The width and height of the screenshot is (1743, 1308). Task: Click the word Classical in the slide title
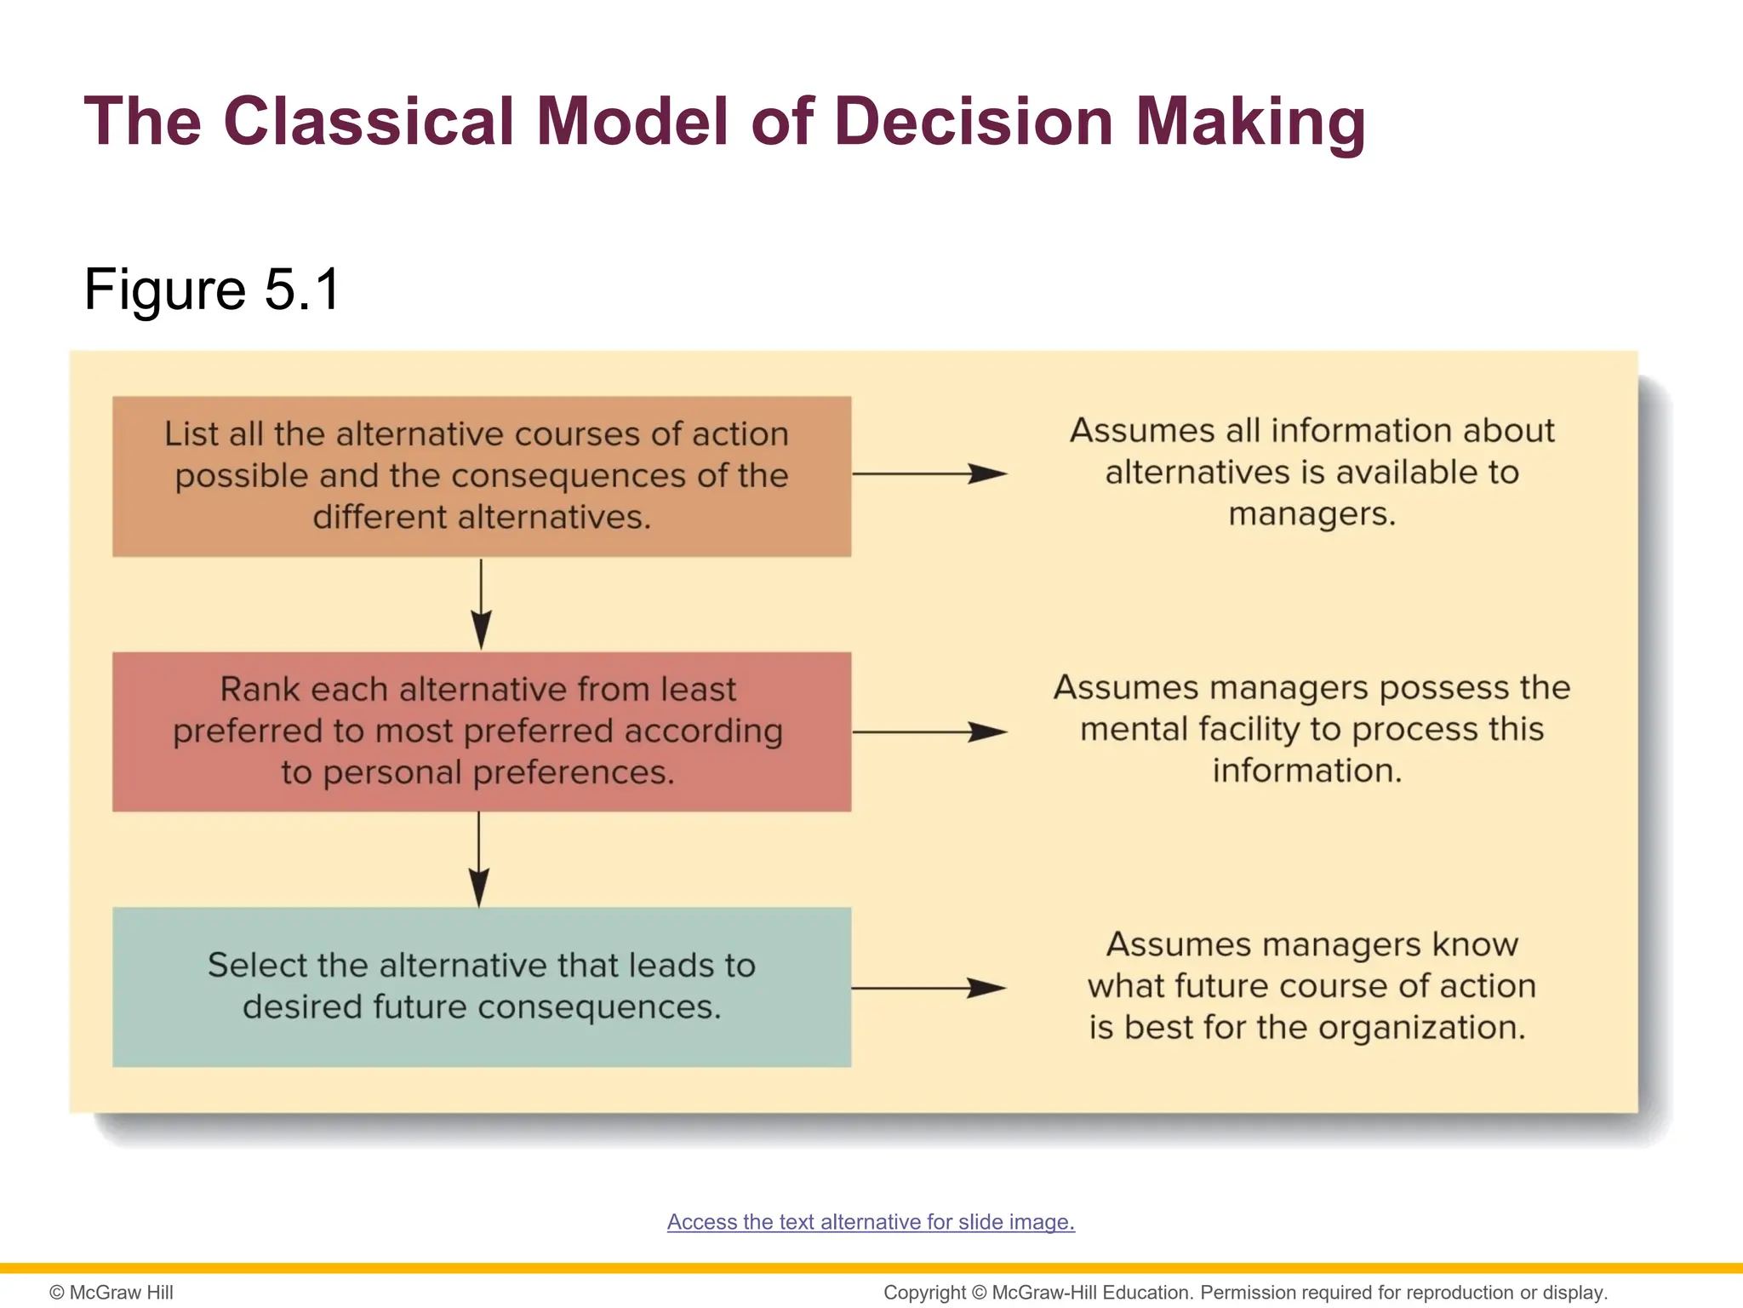click(x=368, y=121)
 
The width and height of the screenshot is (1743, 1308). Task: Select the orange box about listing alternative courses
click(x=482, y=476)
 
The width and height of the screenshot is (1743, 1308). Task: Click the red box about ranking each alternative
click(x=482, y=731)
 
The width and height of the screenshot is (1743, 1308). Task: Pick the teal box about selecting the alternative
click(x=482, y=987)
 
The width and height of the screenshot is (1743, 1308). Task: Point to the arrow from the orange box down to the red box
click(x=481, y=604)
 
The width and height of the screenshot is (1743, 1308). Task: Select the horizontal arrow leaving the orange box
click(x=929, y=473)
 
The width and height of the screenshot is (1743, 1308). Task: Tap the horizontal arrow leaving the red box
click(x=929, y=731)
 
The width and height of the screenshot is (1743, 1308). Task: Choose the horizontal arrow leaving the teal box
click(x=929, y=988)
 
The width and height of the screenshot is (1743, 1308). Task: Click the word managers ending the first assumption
click(x=1311, y=514)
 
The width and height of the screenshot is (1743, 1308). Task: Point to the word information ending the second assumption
click(x=1306, y=771)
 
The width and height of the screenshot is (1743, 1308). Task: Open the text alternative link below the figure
click(x=871, y=1222)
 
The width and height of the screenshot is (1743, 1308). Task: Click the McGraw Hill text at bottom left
click(x=111, y=1293)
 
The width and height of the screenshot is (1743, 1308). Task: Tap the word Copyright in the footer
click(x=924, y=1293)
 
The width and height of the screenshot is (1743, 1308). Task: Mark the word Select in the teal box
click(x=257, y=966)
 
